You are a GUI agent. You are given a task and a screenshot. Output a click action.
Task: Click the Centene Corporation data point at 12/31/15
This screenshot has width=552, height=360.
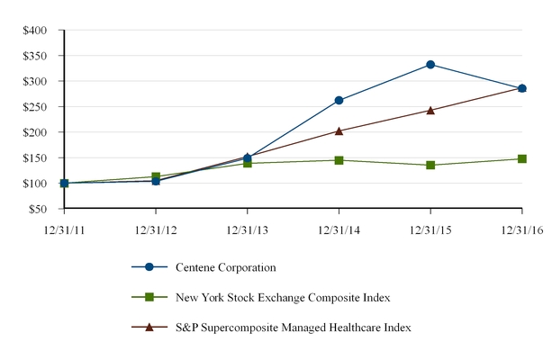click(x=430, y=65)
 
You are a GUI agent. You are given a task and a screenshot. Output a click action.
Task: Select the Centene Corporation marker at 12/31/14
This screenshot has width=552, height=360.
click(x=339, y=101)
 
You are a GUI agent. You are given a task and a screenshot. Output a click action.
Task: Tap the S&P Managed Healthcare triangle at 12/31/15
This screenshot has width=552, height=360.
click(x=430, y=110)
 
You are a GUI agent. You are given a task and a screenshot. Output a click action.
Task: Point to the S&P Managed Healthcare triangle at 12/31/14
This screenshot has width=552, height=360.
click(x=339, y=130)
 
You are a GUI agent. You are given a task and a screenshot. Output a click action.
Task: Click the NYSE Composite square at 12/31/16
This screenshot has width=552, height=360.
click(x=521, y=159)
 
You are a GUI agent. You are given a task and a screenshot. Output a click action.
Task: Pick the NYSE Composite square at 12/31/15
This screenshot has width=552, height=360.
click(x=430, y=166)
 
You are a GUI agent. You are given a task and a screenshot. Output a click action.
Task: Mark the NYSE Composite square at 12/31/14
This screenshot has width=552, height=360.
click(x=339, y=160)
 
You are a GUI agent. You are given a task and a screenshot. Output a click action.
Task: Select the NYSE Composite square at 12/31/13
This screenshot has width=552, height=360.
click(x=248, y=163)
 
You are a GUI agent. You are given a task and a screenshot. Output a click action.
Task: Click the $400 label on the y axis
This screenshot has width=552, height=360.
click(x=35, y=30)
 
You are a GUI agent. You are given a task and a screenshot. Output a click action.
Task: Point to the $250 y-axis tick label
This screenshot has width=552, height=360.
click(x=35, y=106)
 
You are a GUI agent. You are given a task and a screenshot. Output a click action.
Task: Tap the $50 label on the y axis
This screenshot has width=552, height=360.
click(x=38, y=209)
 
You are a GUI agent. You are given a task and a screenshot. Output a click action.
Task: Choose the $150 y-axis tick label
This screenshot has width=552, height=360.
click(x=35, y=157)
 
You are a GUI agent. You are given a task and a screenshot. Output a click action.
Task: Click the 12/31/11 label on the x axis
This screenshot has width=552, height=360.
click(x=64, y=229)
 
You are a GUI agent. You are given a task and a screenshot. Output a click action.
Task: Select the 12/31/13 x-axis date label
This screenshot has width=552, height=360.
click(x=248, y=229)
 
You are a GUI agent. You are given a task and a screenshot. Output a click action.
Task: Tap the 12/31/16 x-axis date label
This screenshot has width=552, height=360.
click(x=521, y=229)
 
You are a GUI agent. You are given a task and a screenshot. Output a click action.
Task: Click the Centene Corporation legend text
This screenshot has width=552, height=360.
click(x=229, y=267)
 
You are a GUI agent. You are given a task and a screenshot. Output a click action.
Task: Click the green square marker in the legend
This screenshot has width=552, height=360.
click(x=149, y=297)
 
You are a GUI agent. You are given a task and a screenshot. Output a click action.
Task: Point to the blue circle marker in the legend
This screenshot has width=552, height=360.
click(x=149, y=267)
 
